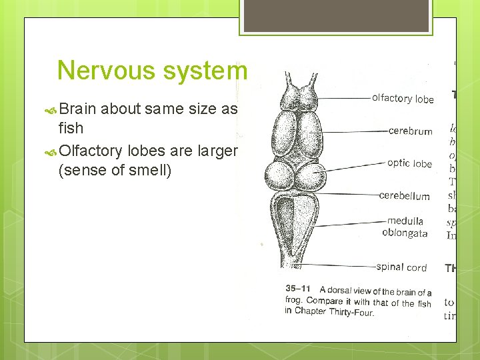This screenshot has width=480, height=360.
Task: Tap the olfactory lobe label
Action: click(x=403, y=99)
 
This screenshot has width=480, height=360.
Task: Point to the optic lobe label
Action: click(x=409, y=163)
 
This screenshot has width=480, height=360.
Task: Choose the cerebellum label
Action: click(x=404, y=195)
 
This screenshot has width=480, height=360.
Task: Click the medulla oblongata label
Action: click(x=405, y=227)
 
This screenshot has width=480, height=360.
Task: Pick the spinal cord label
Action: click(x=401, y=267)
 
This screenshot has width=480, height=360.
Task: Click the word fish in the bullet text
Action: click(x=71, y=127)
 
